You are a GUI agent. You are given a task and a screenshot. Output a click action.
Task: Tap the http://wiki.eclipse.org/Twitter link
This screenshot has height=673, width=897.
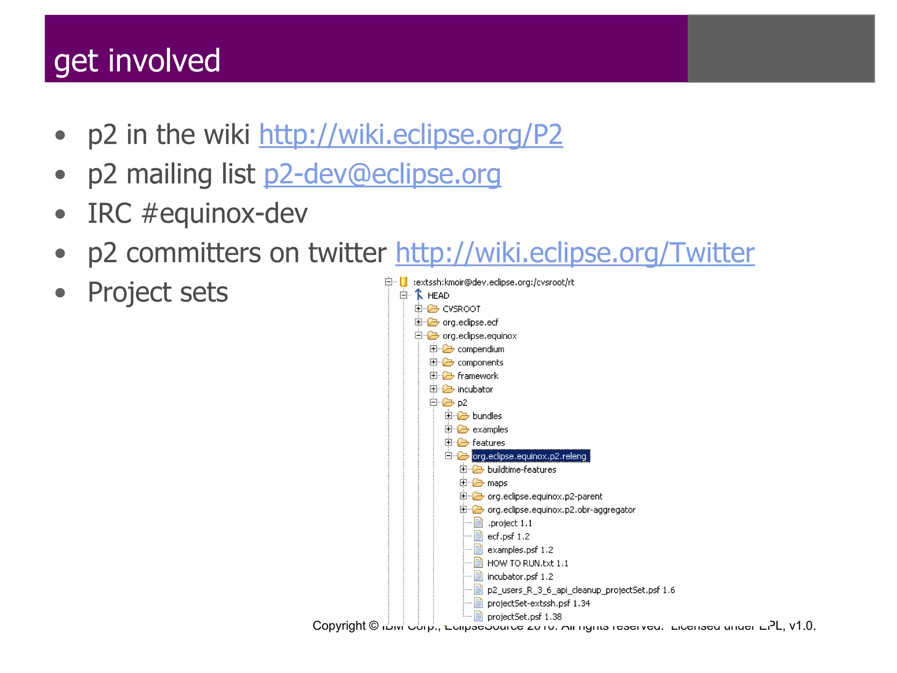[575, 253]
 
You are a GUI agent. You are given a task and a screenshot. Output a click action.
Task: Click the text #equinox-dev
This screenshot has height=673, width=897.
[225, 213]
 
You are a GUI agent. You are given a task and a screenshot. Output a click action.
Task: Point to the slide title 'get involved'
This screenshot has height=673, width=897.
[137, 60]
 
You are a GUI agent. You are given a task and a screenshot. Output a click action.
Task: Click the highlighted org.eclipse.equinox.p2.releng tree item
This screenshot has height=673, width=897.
[530, 456]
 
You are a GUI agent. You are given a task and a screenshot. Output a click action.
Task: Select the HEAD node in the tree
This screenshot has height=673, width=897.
[438, 296]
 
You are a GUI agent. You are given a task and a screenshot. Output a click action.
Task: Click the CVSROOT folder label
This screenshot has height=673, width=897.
[461, 309]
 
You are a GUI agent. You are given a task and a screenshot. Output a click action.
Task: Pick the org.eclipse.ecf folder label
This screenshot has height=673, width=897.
[470, 322]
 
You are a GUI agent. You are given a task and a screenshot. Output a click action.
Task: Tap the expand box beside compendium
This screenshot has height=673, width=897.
[433, 349]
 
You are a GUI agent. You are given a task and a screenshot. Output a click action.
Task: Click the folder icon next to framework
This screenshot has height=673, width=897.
[448, 375]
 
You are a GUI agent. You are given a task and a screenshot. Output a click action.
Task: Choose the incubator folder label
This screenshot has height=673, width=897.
[475, 389]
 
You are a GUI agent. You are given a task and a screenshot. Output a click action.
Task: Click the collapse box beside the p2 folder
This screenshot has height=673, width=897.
[433, 402]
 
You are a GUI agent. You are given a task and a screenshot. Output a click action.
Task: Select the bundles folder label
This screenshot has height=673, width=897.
[487, 416]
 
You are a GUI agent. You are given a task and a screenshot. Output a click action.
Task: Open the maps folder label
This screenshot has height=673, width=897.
[497, 483]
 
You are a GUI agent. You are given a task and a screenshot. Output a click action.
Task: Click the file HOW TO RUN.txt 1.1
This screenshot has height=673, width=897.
[527, 563]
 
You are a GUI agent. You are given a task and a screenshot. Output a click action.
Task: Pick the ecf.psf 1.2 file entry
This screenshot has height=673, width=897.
[508, 536]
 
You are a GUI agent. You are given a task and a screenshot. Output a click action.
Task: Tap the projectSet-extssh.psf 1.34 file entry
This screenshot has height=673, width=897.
[538, 603]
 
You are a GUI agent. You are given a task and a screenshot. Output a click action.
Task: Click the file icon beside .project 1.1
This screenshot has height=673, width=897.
[478, 523]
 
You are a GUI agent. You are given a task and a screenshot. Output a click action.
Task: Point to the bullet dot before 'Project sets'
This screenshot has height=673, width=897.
[60, 293]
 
